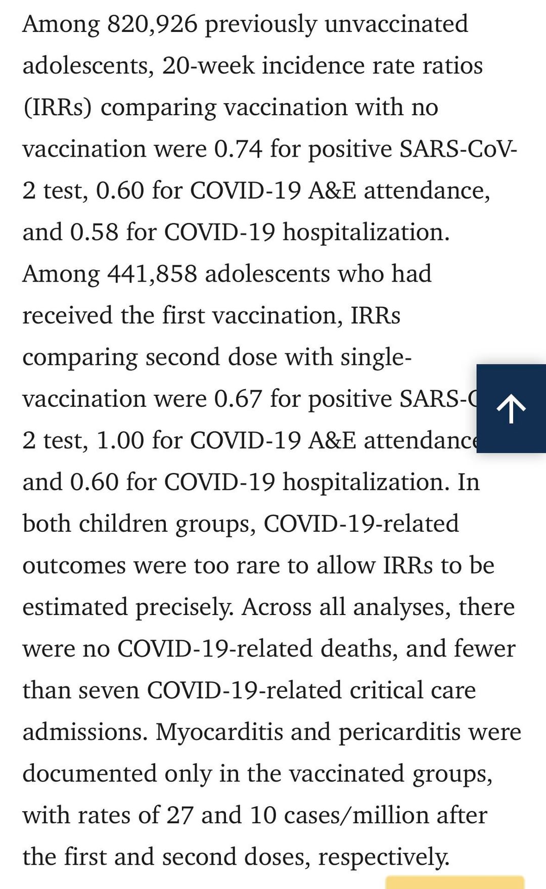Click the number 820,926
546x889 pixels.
(x=152, y=24)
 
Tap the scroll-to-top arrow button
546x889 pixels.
(x=511, y=408)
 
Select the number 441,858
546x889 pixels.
(x=152, y=274)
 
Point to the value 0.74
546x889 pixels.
(x=238, y=149)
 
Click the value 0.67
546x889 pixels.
(x=238, y=399)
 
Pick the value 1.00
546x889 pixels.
(x=120, y=440)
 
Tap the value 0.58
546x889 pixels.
(x=94, y=232)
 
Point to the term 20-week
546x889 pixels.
(x=208, y=66)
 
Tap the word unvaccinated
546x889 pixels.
(x=396, y=24)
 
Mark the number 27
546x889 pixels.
(x=179, y=815)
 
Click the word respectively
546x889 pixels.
(x=383, y=857)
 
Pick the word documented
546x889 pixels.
(x=89, y=773)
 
